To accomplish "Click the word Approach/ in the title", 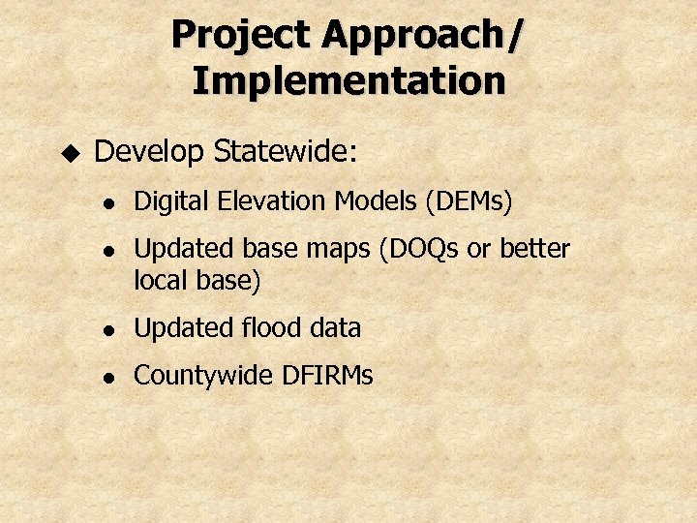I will point(423,36).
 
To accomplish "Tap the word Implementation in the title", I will point(348,80).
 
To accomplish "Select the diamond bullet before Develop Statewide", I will point(69,152).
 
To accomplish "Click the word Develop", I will point(150,152).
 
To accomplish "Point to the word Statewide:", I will point(286,151).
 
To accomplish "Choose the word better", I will point(534,249).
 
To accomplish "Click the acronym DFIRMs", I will point(326,376).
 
